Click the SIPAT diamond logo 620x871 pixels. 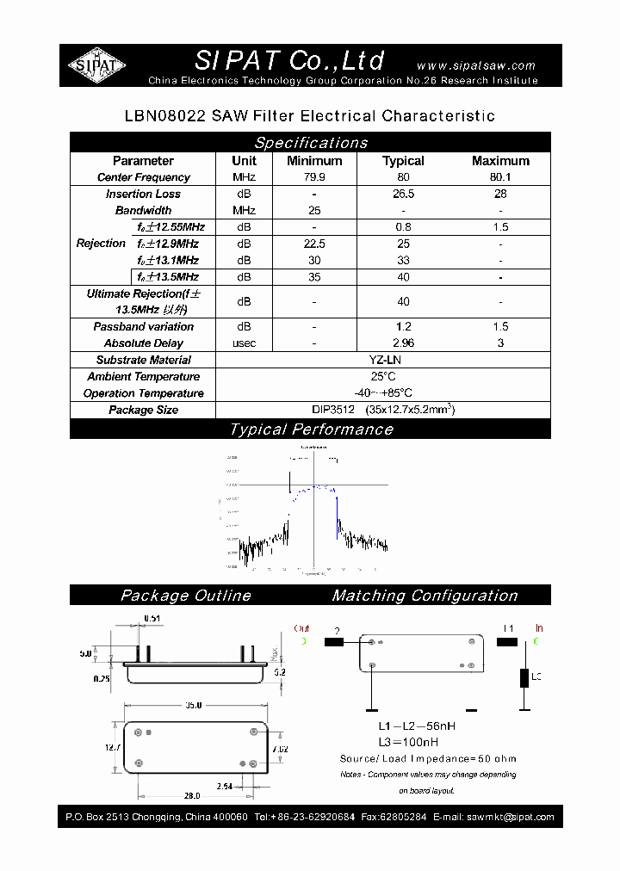pyautogui.click(x=96, y=65)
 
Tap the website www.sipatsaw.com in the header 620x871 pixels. pyautogui.click(x=475, y=65)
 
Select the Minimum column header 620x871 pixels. pyautogui.click(x=314, y=161)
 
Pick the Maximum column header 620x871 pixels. pyautogui.click(x=500, y=161)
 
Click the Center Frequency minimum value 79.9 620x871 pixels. pyautogui.click(x=314, y=177)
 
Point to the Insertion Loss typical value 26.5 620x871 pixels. pyautogui.click(x=403, y=195)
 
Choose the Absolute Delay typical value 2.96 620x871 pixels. pyautogui.click(x=403, y=343)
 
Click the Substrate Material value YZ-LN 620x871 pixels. pyautogui.click(x=382, y=361)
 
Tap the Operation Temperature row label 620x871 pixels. pyautogui.click(x=144, y=393)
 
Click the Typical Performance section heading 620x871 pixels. pyautogui.click(x=311, y=429)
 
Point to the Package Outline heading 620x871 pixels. pyautogui.click(x=186, y=596)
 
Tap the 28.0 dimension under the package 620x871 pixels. pyautogui.click(x=191, y=795)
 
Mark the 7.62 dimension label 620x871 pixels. pyautogui.click(x=281, y=749)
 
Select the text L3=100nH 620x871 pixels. pyautogui.click(x=409, y=742)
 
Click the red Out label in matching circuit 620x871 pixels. pyautogui.click(x=301, y=629)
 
